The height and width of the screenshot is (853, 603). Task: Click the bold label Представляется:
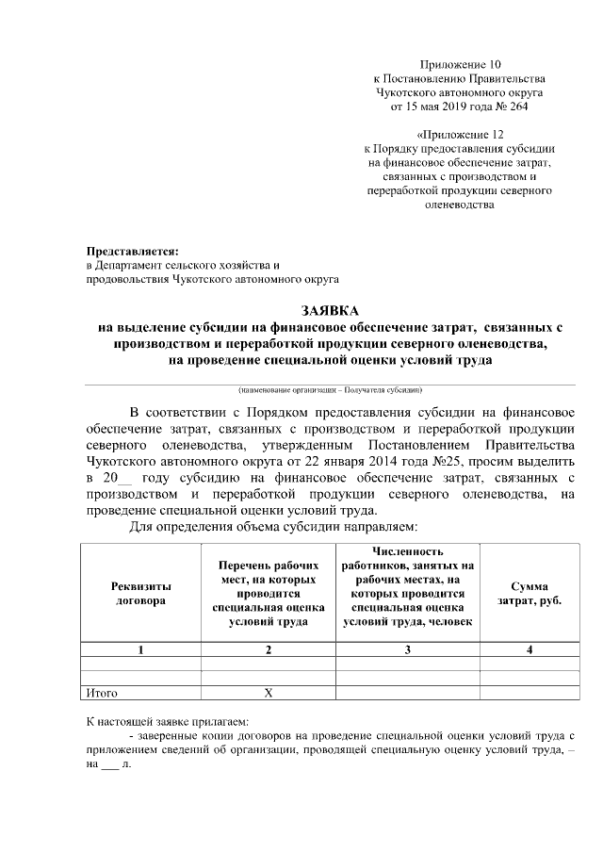pos(132,252)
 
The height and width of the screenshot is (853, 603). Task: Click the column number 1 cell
pos(140,649)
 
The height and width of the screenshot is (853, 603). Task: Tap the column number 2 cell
pos(269,649)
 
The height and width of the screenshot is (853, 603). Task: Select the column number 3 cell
pos(407,649)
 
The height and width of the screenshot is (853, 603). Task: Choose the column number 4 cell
pos(529,649)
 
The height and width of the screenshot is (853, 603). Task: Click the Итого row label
pos(102,693)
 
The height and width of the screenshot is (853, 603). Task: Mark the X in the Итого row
pos(269,693)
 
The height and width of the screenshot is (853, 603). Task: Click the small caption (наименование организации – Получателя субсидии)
pos(330,389)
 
